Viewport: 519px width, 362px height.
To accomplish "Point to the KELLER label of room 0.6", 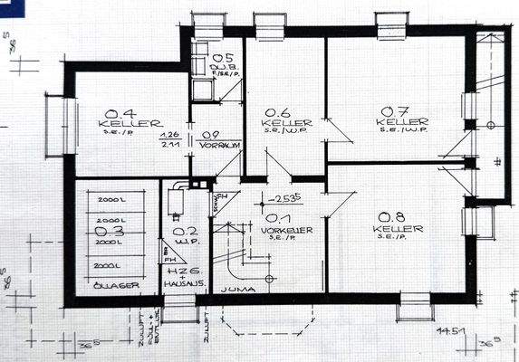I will click(x=288, y=122).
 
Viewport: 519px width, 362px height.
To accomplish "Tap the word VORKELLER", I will click(x=288, y=231).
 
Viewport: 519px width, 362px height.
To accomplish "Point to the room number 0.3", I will click(x=108, y=233).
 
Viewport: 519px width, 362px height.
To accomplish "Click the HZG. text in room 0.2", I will click(x=178, y=272).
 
